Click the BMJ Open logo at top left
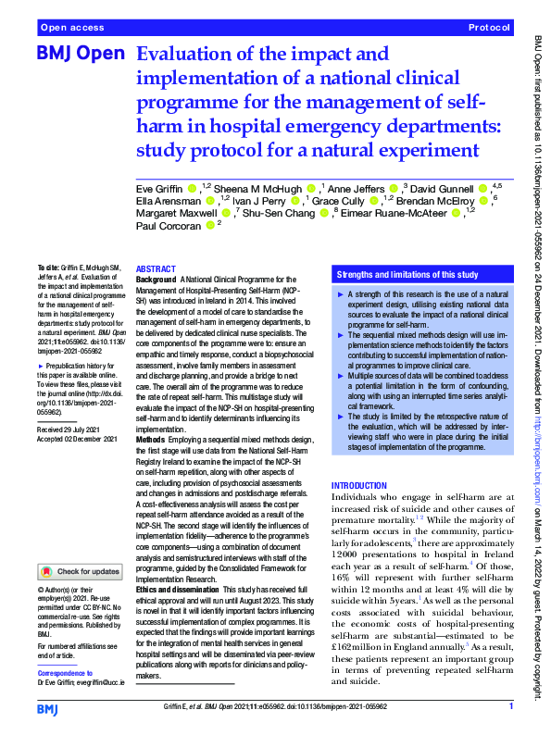pos(79,55)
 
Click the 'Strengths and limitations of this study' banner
pos(407,275)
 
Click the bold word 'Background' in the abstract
pos(156,279)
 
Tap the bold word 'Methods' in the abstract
pos(151,441)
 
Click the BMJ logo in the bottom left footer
pos(47,708)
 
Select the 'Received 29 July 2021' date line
pos(70,430)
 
